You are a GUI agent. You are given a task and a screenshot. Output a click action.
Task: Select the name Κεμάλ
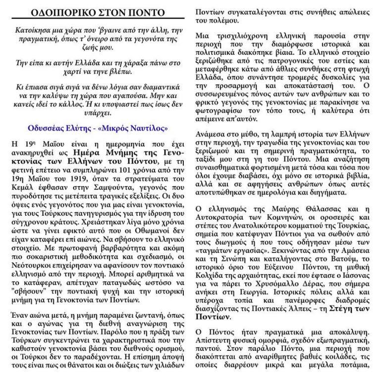(22, 180)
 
